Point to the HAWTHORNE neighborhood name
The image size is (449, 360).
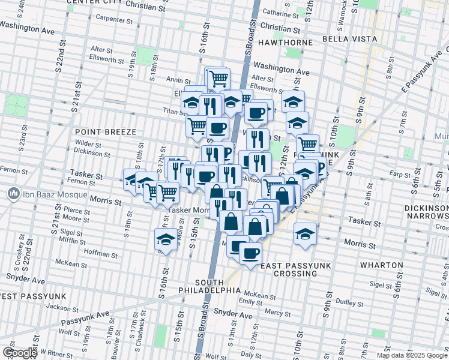coord(285,43)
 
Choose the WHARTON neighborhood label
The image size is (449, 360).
coord(381,265)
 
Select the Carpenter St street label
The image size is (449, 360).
coord(115,20)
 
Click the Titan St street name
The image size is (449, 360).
coord(176,111)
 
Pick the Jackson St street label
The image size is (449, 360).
coord(59,307)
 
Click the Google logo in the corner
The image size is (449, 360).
coord(19,353)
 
